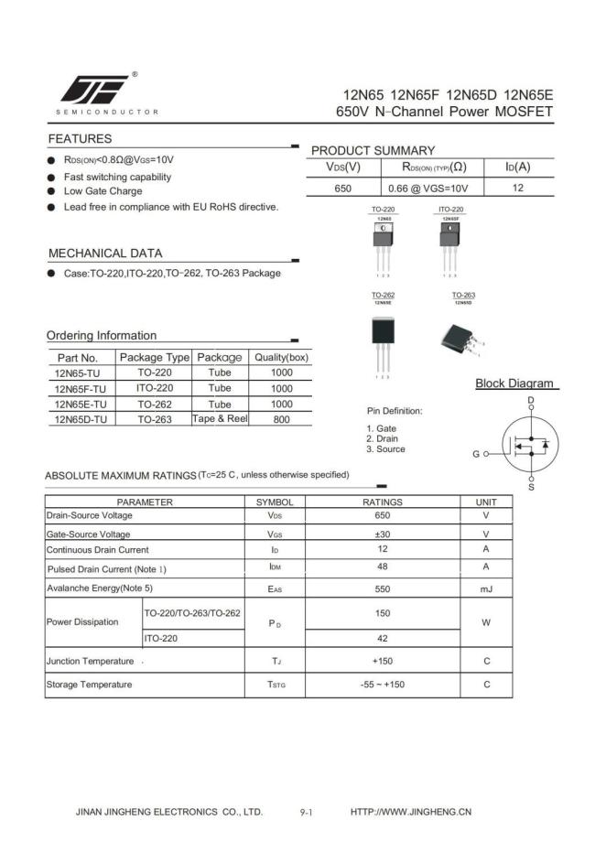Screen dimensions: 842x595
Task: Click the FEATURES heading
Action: click(80, 139)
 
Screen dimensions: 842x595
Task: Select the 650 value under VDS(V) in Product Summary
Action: click(343, 188)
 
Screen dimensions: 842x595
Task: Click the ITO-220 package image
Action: click(450, 241)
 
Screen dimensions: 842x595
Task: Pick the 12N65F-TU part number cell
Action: click(81, 388)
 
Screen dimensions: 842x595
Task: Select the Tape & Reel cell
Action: click(220, 418)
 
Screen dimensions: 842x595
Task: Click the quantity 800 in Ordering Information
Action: click(281, 419)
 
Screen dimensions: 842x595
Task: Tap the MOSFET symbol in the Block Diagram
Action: click(530, 445)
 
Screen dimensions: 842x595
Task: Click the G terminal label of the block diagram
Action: click(476, 454)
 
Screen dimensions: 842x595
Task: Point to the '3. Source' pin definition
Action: click(385, 449)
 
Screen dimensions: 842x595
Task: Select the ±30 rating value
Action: click(383, 534)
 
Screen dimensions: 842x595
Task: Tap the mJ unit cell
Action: click(486, 589)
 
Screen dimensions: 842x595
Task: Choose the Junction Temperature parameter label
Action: click(90, 661)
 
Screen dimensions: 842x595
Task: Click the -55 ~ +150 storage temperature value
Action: click(383, 685)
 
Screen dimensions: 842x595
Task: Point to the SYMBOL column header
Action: click(275, 502)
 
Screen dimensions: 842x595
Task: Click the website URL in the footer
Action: click(411, 812)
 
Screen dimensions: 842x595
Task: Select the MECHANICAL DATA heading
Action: click(105, 254)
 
